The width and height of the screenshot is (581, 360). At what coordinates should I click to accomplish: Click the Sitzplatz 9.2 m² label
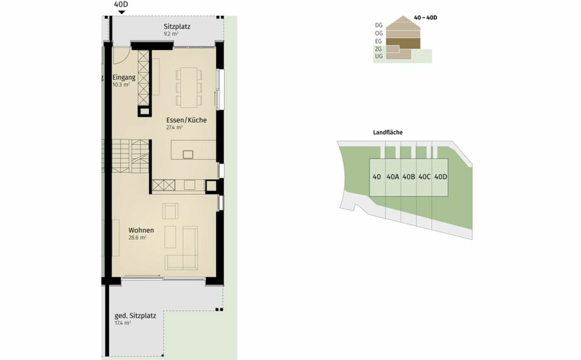pos(177,30)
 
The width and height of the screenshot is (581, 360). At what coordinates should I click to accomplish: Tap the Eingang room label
pos(124,77)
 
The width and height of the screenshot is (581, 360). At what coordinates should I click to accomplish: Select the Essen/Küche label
pos(186,120)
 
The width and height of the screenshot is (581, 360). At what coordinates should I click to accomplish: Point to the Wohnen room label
pos(141,230)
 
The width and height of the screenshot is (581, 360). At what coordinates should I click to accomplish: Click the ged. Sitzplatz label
pos(136,315)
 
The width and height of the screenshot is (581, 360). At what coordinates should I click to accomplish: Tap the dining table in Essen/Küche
pos(189,88)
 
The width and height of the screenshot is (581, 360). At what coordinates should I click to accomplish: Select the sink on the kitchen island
pos(188,154)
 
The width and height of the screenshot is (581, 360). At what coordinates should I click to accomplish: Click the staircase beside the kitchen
pos(131,156)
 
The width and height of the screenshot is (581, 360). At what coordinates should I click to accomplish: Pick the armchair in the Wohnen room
pos(170,211)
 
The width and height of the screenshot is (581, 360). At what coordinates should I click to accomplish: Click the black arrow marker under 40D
pos(122,12)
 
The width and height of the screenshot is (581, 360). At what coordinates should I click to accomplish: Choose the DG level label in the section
pos(379,25)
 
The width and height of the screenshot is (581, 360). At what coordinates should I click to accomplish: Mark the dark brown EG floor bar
pos(403,43)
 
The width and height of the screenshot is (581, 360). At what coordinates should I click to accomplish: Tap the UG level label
pos(379,56)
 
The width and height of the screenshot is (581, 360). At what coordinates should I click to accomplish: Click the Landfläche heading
pos(388,133)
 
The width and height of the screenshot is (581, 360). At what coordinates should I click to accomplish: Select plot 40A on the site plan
pos(393,177)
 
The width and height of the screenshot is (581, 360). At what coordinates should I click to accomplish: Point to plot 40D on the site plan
pos(441,177)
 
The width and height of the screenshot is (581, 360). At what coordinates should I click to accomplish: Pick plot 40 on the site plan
pos(377,177)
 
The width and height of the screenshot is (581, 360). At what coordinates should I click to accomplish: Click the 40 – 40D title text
pos(426,17)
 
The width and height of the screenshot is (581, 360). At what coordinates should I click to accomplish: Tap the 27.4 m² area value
pos(174,127)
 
